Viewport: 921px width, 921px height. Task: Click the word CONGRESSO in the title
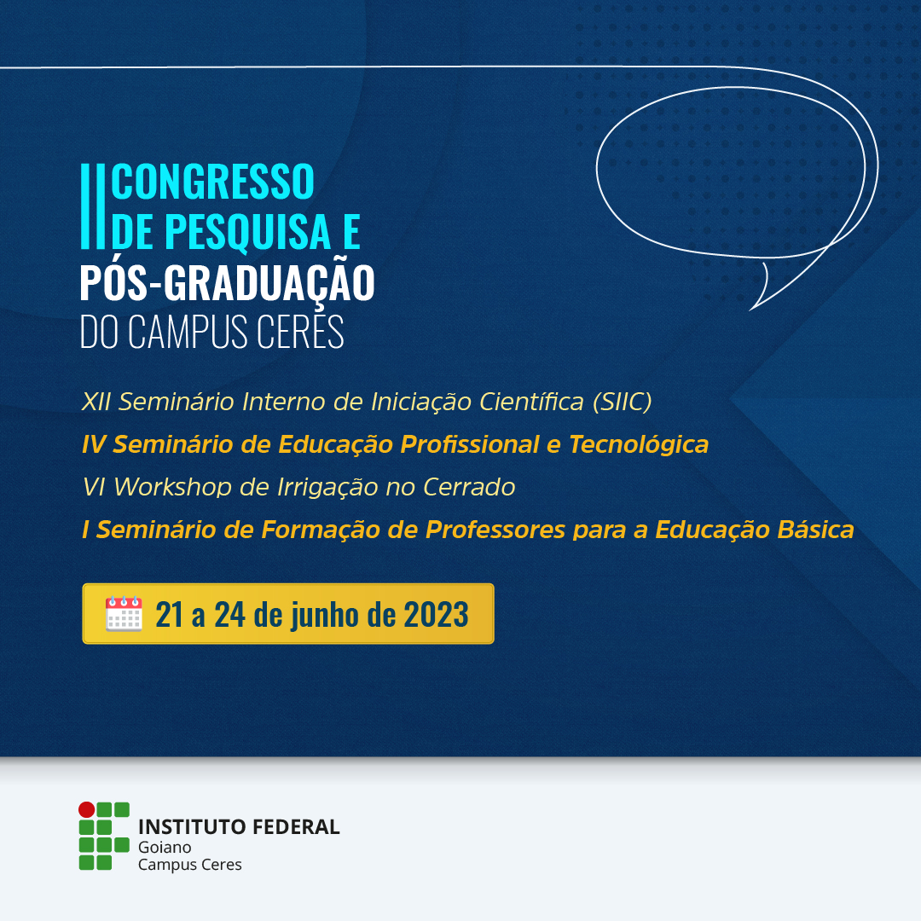[x=212, y=181]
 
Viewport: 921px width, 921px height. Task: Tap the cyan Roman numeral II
[x=92, y=206]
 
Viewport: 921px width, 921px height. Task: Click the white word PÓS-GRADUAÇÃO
[x=227, y=283]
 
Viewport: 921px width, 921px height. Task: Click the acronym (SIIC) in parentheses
[x=622, y=402]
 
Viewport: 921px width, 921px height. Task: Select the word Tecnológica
[x=639, y=444]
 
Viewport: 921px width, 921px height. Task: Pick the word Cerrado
[x=469, y=487]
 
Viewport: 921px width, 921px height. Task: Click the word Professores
[x=495, y=530]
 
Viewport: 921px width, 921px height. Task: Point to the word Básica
[x=815, y=530]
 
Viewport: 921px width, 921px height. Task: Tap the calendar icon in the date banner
[x=124, y=614]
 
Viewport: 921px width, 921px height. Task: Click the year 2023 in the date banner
[x=436, y=614]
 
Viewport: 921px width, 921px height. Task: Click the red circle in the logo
[x=87, y=809]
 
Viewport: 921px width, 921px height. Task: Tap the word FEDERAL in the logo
[x=297, y=827]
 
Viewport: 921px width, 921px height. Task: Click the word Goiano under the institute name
[x=165, y=847]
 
